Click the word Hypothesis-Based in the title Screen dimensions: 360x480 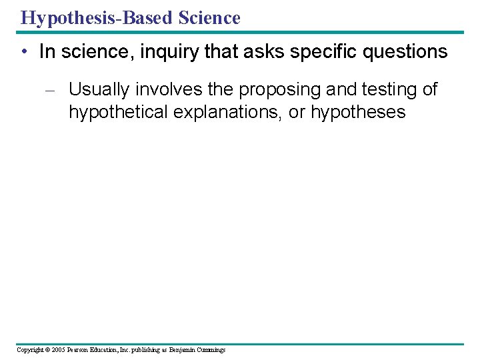pos(97,17)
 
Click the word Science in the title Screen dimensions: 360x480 pos(209,17)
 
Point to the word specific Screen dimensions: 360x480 pos(326,53)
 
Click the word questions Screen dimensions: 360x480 pos(407,53)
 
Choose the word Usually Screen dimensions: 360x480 pos(99,89)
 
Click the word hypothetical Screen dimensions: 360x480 pos(118,111)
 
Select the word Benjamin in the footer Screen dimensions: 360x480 pos(182,350)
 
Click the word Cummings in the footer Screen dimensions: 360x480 pos(211,350)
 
